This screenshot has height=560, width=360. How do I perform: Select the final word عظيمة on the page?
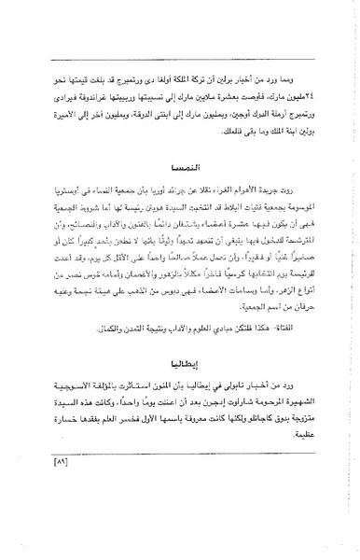click(x=298, y=449)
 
